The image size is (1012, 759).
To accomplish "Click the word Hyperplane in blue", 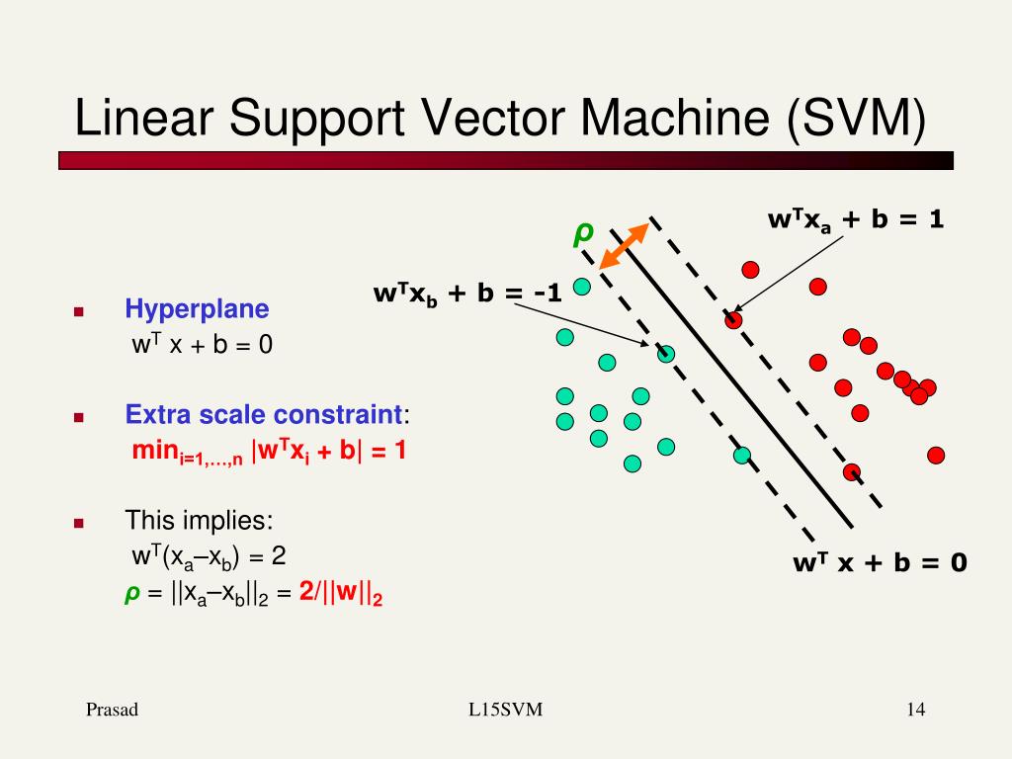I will point(197,309).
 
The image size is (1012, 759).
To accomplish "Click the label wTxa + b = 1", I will point(856,220).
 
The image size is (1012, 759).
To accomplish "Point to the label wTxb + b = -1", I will point(467,294).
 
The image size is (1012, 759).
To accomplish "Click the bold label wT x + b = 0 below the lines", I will point(880,563).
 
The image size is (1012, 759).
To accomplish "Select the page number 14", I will point(914,710).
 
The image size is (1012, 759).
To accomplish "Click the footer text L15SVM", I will point(506,710).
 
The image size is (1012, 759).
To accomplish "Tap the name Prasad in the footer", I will point(112,710).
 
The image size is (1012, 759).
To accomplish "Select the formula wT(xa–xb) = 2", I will point(209,556).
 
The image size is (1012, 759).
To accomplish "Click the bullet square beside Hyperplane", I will point(79,312).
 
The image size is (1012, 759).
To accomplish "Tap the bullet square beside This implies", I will point(79,523).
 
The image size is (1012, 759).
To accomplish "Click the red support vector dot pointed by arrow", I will point(733,319).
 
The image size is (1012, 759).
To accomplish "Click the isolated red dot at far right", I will point(936,455).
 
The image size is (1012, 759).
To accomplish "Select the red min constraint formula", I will point(269,452).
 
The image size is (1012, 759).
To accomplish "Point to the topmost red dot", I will point(751,269).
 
